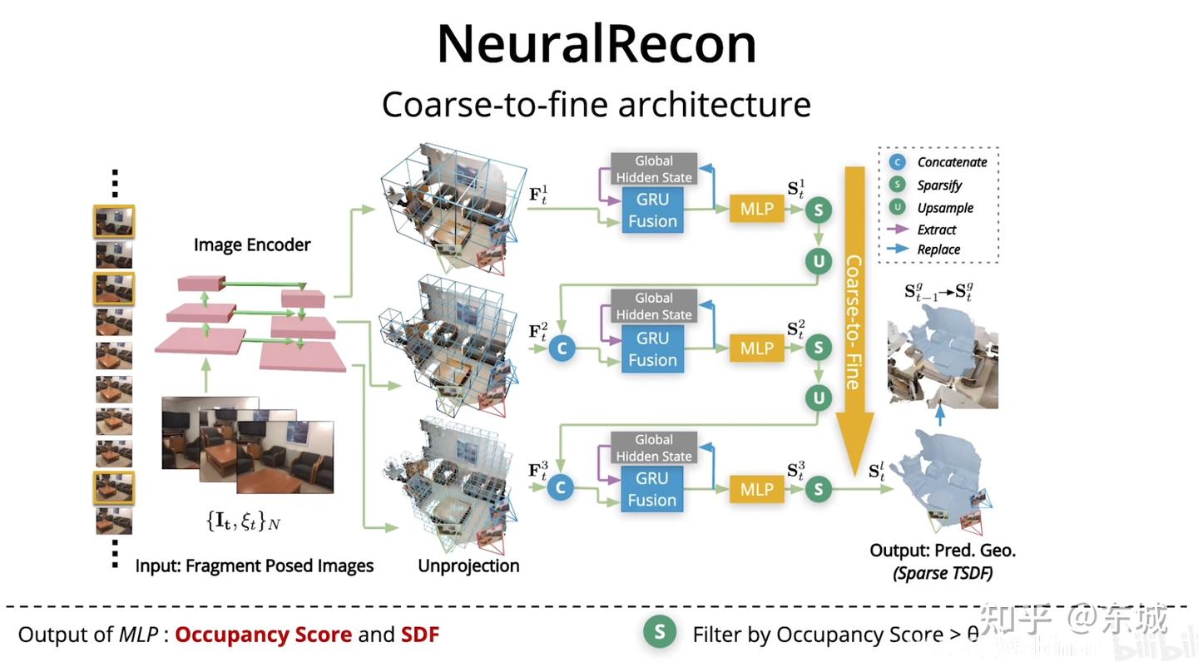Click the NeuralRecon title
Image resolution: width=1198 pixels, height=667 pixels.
[597, 44]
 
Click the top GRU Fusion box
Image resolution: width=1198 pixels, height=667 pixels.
[652, 210]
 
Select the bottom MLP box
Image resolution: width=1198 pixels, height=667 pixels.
[756, 490]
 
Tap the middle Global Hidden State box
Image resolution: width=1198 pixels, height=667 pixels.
[653, 306]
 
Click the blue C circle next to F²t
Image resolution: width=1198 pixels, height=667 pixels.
[562, 348]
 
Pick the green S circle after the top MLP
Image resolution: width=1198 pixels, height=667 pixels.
[819, 210]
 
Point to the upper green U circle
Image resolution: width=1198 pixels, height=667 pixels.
[819, 262]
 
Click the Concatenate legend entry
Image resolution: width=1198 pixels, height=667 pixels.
[952, 162]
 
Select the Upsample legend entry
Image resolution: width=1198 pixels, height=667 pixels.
[944, 208]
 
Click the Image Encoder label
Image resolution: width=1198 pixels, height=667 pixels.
[252, 245]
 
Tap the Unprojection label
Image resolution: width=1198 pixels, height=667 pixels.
[468, 566]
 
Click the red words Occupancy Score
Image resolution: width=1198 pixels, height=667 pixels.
[263, 635]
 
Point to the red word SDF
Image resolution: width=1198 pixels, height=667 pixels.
[420, 635]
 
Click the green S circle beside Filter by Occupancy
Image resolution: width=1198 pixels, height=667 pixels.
[660, 633]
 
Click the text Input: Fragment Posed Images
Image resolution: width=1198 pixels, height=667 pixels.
[255, 566]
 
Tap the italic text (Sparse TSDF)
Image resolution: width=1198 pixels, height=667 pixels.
[943, 573]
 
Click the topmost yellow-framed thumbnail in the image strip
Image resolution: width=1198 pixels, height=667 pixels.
[114, 221]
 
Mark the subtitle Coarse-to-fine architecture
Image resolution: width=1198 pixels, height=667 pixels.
[596, 106]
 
